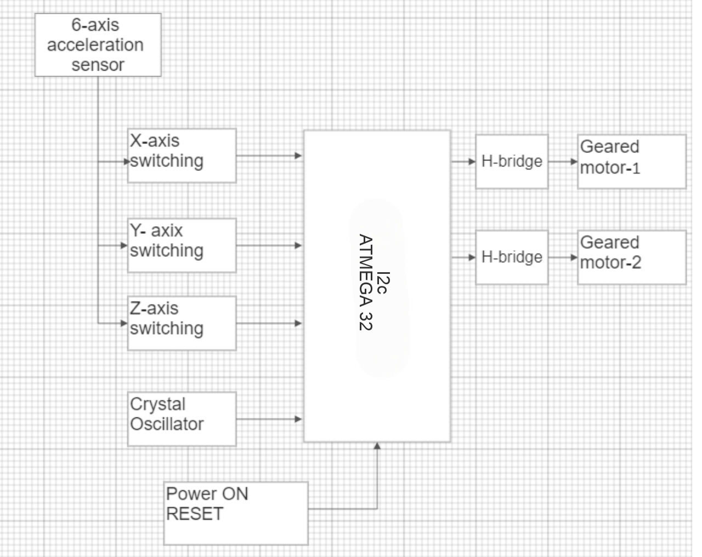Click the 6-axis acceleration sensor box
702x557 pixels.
pyautogui.click(x=98, y=45)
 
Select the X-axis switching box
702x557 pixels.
pyautogui.click(x=182, y=156)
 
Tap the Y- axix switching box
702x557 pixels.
pyautogui.click(x=182, y=245)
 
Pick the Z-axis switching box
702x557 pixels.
pyautogui.click(x=182, y=323)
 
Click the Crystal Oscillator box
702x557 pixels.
pyautogui.click(x=182, y=419)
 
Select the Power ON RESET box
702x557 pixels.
pyautogui.click(x=236, y=513)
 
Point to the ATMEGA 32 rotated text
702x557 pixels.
pyautogui.click(x=365, y=283)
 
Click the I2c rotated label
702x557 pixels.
pyautogui.click(x=384, y=283)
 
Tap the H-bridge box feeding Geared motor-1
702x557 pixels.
pyautogui.click(x=511, y=162)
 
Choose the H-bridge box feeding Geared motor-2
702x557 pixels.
pyautogui.click(x=511, y=257)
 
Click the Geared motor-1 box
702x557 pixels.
pyautogui.click(x=631, y=162)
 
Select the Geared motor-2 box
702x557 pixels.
pyautogui.click(x=631, y=257)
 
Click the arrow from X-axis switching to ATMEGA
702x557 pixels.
pyautogui.click(x=269, y=156)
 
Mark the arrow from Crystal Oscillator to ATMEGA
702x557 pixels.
pyautogui.click(x=269, y=420)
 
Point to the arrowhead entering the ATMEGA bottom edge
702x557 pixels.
pyautogui.click(x=377, y=446)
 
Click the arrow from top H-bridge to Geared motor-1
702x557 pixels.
pyautogui.click(x=563, y=162)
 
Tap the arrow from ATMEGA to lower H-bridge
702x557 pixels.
pyautogui.click(x=463, y=257)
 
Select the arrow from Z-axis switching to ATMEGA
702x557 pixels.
pyautogui.click(x=269, y=323)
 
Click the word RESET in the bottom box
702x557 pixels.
pyautogui.click(x=195, y=514)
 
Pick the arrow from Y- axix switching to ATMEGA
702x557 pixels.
pyautogui.click(x=269, y=245)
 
